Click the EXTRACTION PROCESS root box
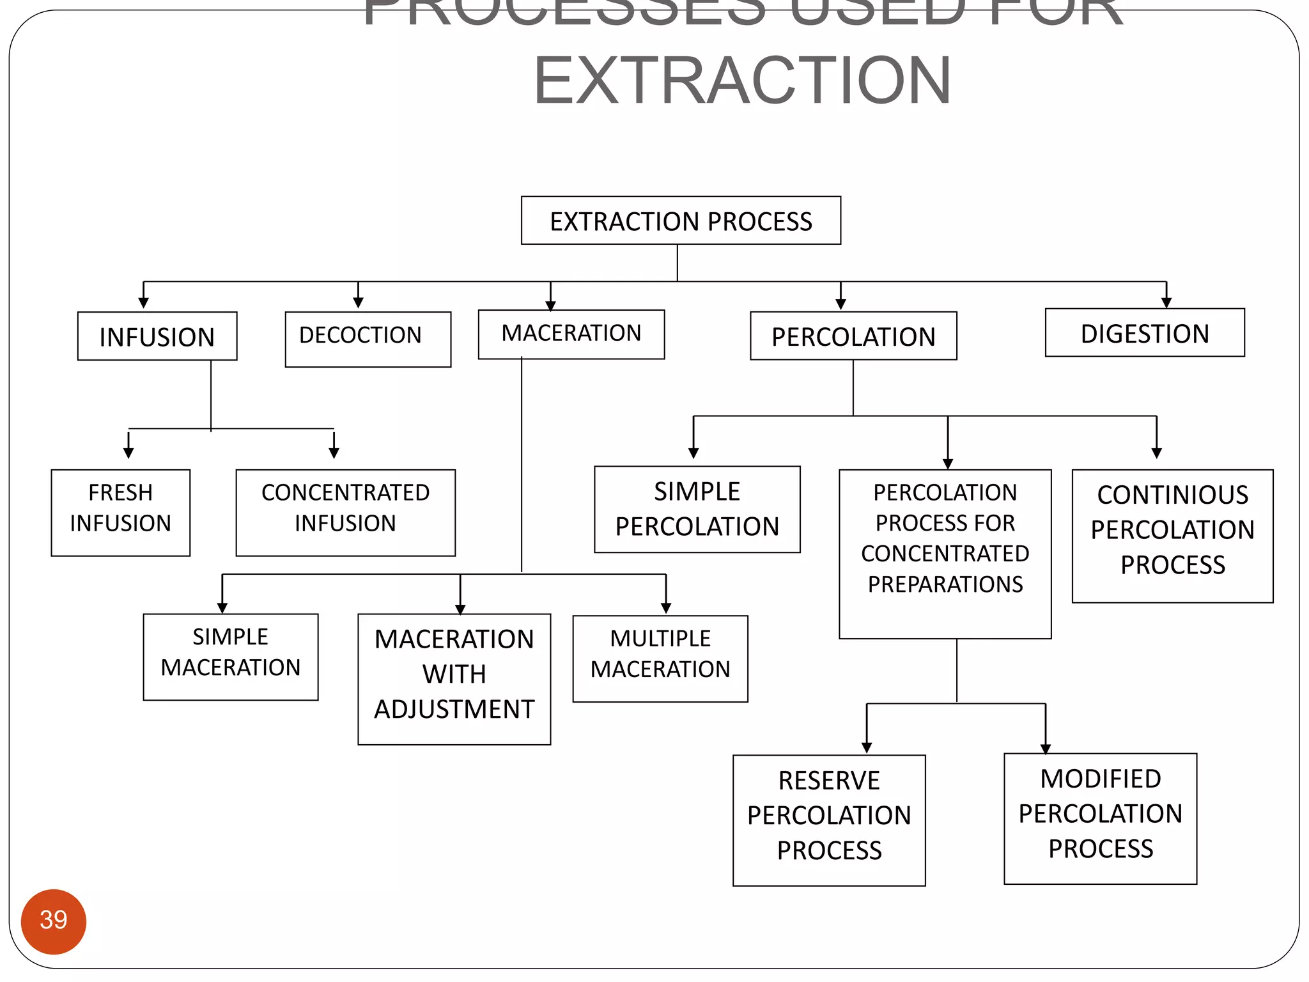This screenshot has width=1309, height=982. [681, 221]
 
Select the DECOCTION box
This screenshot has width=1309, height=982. [368, 338]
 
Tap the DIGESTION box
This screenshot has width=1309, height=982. [1145, 333]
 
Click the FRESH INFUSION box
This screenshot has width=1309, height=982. [120, 512]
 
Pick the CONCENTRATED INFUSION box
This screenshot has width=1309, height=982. [345, 512]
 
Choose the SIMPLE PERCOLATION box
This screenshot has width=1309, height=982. [697, 509]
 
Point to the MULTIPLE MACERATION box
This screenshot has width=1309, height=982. [660, 658]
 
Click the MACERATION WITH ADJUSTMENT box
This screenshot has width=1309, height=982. [454, 678]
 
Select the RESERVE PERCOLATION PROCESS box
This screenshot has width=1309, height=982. [829, 820]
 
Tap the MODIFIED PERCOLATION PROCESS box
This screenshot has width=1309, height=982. [1100, 818]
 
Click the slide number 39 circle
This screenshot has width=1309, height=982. [54, 921]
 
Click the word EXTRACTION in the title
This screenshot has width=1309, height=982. [742, 81]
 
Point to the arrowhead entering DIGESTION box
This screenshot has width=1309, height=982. [1166, 303]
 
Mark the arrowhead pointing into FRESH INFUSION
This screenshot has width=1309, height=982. [128, 453]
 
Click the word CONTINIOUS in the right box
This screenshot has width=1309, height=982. [1172, 495]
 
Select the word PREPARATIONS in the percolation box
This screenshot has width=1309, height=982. [945, 584]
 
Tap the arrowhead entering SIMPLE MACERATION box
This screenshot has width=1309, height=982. [222, 607]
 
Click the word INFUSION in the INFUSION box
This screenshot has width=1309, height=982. [157, 337]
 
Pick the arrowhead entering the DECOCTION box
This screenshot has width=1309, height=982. [359, 303]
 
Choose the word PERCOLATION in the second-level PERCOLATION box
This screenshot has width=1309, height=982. [853, 337]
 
